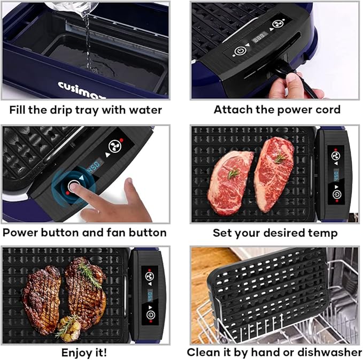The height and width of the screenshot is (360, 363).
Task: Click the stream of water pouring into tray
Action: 87,37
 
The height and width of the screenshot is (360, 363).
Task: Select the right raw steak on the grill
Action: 274,166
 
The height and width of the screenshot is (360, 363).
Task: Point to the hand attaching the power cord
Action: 291,85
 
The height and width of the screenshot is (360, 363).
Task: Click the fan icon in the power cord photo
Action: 277,24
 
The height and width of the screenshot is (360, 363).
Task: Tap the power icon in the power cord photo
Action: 240,51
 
